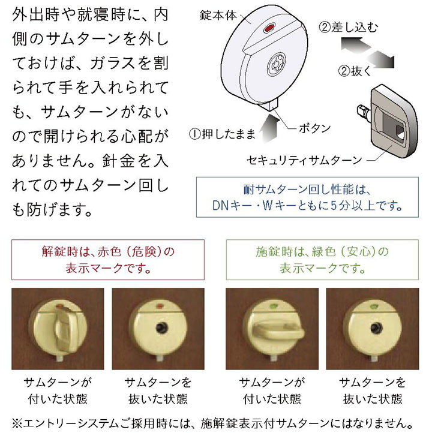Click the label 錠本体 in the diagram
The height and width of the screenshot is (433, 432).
pos(218,16)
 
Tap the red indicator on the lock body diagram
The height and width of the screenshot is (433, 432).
pos(269,28)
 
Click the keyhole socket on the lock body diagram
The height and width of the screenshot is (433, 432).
pos(276,64)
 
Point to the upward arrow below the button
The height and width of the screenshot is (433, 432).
pos(269,129)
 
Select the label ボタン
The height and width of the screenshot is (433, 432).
pos(314,128)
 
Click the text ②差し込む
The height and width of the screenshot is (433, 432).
pos(349,28)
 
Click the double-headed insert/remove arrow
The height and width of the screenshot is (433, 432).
pos(367,53)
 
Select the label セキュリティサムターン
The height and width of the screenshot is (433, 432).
pos(304,160)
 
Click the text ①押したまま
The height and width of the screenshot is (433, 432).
pos(222,134)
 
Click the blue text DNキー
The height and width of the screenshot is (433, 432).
pos(228,206)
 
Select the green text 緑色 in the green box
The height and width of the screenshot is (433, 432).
pos(324,251)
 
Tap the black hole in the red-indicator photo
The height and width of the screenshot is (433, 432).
pos(160,328)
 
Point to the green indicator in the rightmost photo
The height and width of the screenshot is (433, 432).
pos(373,306)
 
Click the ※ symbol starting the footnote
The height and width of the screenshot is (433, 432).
pos(17,423)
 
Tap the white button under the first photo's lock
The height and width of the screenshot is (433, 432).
pos(60,359)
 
